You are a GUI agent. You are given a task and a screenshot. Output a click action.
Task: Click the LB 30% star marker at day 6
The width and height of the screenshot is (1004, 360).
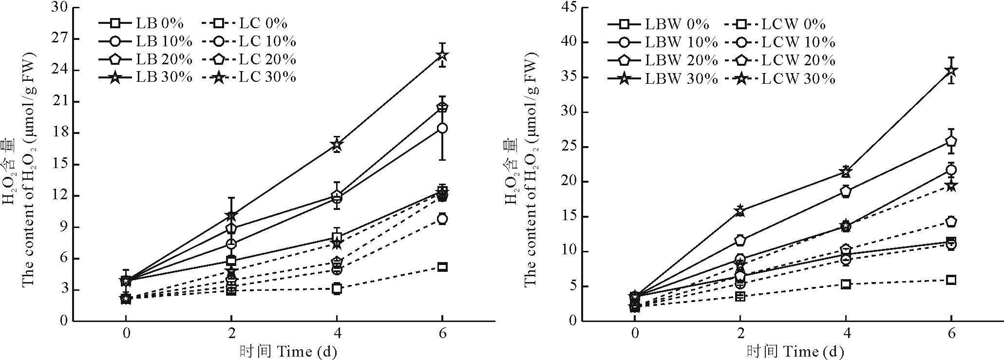[442, 55]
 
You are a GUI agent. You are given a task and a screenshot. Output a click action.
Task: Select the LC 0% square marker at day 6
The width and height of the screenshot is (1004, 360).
[442, 267]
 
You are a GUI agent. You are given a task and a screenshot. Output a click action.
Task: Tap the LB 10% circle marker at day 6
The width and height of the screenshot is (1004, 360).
[442, 128]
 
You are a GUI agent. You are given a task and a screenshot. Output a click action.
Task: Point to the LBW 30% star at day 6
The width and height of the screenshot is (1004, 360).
[950, 71]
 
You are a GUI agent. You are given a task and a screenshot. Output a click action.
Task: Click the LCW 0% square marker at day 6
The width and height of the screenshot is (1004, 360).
[950, 280]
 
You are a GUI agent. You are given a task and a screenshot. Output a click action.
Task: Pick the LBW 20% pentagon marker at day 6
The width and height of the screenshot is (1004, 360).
[950, 141]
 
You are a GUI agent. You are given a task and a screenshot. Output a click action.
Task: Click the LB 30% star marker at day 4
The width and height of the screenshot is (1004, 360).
[337, 144]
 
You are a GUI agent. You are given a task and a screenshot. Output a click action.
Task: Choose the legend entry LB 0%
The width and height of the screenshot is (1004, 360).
[141, 23]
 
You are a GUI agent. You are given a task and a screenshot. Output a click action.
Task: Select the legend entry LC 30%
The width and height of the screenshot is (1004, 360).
[248, 77]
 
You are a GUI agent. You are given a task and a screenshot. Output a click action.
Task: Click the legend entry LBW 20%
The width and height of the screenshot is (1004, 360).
[663, 60]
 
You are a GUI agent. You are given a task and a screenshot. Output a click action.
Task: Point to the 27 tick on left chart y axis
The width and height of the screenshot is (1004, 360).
[73, 39]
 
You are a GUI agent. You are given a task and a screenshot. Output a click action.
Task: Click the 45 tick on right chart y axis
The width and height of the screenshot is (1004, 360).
[582, 8]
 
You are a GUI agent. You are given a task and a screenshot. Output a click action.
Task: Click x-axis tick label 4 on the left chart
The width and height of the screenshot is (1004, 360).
[337, 335]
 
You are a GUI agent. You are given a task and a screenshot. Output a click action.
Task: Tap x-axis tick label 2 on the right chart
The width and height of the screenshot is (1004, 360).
[740, 335]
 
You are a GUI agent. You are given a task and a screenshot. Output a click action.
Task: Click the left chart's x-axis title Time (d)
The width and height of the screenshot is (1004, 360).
[288, 351]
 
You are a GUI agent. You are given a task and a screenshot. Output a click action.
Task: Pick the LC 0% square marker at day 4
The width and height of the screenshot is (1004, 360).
[337, 289]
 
